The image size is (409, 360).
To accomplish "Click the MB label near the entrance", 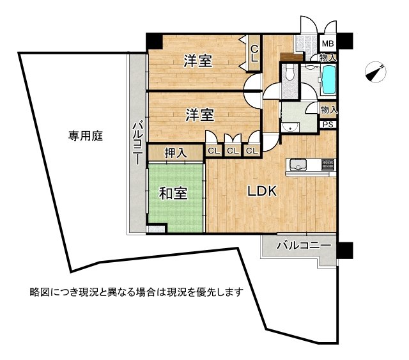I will pyautogui.click(x=327, y=43).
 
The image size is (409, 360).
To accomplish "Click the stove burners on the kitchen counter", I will pyautogui.click(x=327, y=166).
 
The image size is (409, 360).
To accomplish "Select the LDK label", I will pyautogui.click(x=262, y=191).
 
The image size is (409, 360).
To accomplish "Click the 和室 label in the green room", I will pyautogui.click(x=173, y=192).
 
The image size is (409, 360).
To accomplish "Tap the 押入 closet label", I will pyautogui.click(x=175, y=153).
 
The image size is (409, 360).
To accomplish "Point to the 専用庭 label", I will pyautogui.click(x=86, y=136).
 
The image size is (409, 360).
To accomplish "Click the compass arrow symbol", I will pyautogui.click(x=374, y=72).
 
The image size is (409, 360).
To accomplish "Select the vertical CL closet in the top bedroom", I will pyautogui.click(x=254, y=52).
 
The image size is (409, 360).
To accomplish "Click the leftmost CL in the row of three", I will pyautogui.click(x=213, y=151).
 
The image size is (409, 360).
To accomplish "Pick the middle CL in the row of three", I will pyautogui.click(x=233, y=151).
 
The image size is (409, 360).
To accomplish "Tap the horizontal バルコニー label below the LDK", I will pyautogui.click(x=304, y=245).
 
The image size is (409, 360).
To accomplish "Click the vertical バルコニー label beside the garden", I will pyautogui.click(x=137, y=144).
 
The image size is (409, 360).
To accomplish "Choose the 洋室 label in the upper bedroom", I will pyautogui.click(x=198, y=61).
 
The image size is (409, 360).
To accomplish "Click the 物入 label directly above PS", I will pyautogui.click(x=329, y=110).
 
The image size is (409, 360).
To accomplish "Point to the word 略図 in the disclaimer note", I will pyautogui.click(x=40, y=292).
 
